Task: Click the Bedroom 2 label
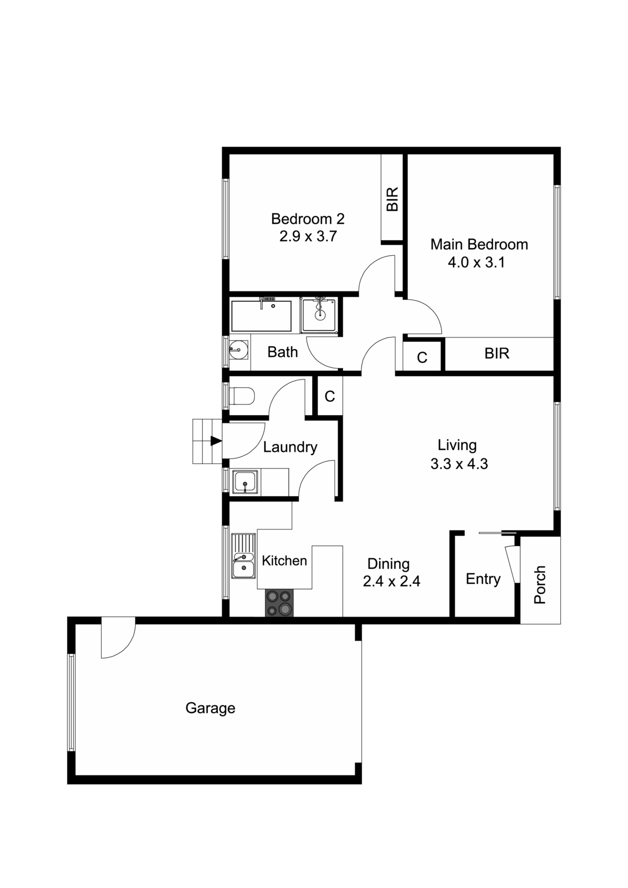pyautogui.click(x=308, y=219)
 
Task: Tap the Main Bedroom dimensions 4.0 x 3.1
pyautogui.click(x=476, y=263)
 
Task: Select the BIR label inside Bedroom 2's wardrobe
pyautogui.click(x=393, y=199)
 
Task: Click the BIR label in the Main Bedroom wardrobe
pyautogui.click(x=496, y=354)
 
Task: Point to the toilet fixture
pyautogui.click(x=242, y=396)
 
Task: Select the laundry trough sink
pyautogui.click(x=245, y=481)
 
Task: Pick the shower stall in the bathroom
pyautogui.click(x=320, y=315)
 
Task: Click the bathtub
pyautogui.click(x=261, y=316)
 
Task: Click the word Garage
pyautogui.click(x=210, y=708)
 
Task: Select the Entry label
pyautogui.click(x=483, y=579)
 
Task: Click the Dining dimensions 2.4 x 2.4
pyautogui.click(x=391, y=582)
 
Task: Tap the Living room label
pyautogui.click(x=457, y=445)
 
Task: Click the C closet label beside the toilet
pyautogui.click(x=330, y=396)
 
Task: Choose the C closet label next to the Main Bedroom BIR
pyautogui.click(x=422, y=357)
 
